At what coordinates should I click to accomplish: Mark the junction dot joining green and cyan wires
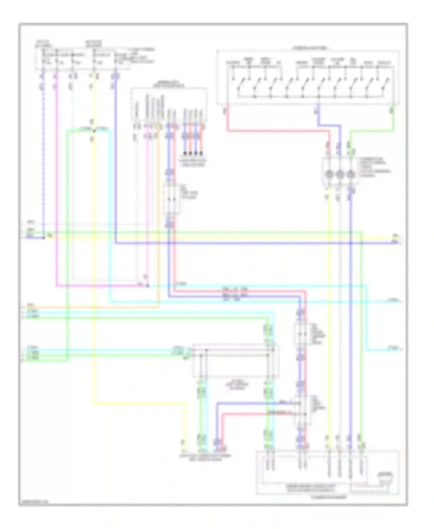[93, 131]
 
